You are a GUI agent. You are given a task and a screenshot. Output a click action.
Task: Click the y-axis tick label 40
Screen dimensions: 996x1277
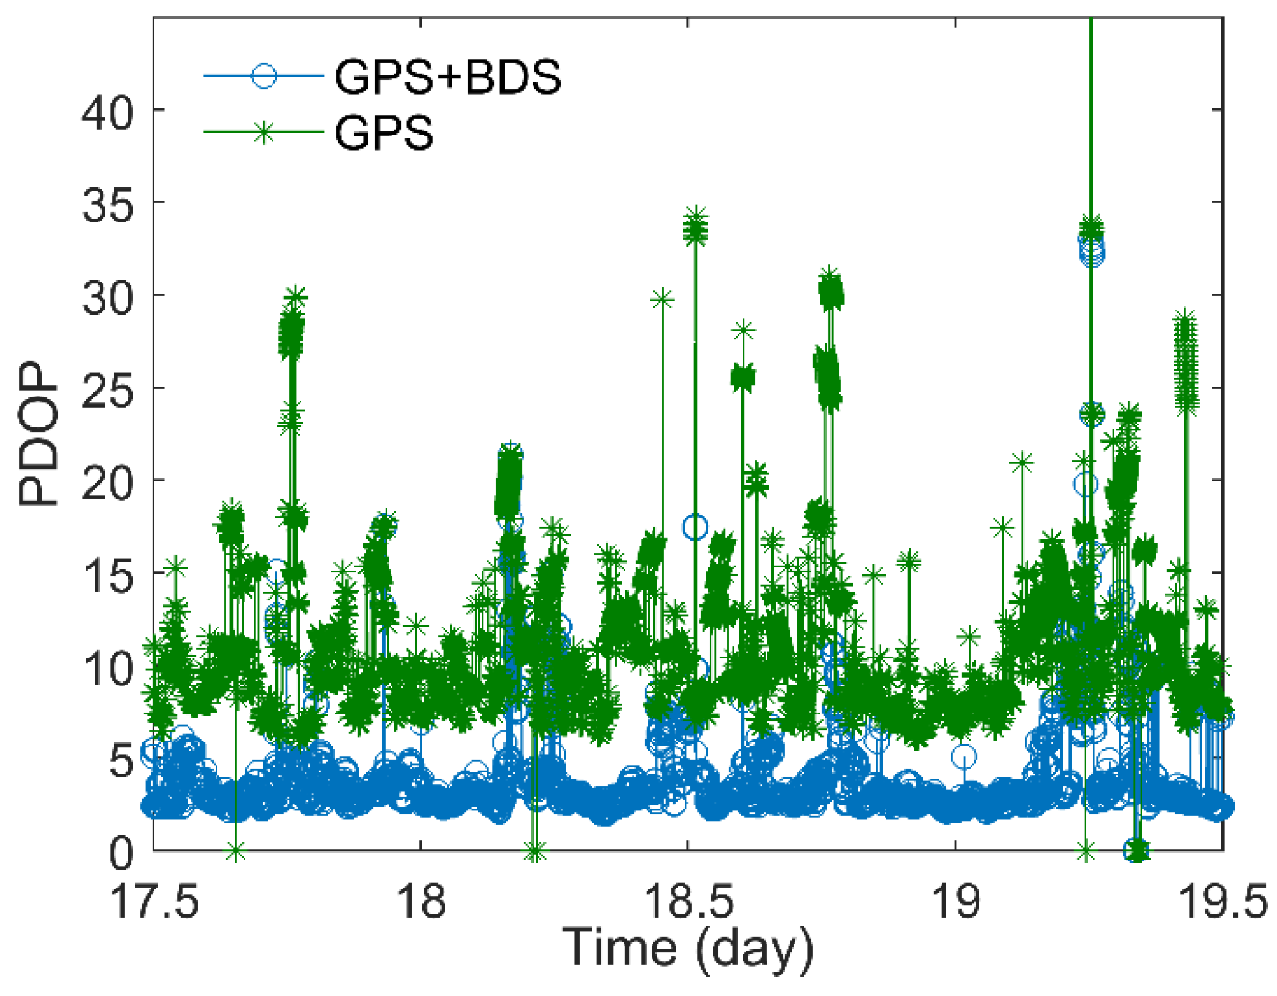(x=107, y=113)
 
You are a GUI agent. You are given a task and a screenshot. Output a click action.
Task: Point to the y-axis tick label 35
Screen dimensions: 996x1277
(x=107, y=206)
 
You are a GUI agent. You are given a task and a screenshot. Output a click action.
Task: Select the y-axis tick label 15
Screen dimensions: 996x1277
(x=107, y=576)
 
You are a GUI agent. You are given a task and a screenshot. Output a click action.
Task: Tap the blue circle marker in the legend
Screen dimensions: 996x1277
(x=263, y=76)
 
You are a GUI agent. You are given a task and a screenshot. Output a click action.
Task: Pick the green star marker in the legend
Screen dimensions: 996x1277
(x=263, y=132)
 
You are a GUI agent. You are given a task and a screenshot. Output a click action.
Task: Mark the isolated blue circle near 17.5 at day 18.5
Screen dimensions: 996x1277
(x=695, y=528)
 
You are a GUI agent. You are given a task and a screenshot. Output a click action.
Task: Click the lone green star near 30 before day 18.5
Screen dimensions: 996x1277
(x=662, y=300)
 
